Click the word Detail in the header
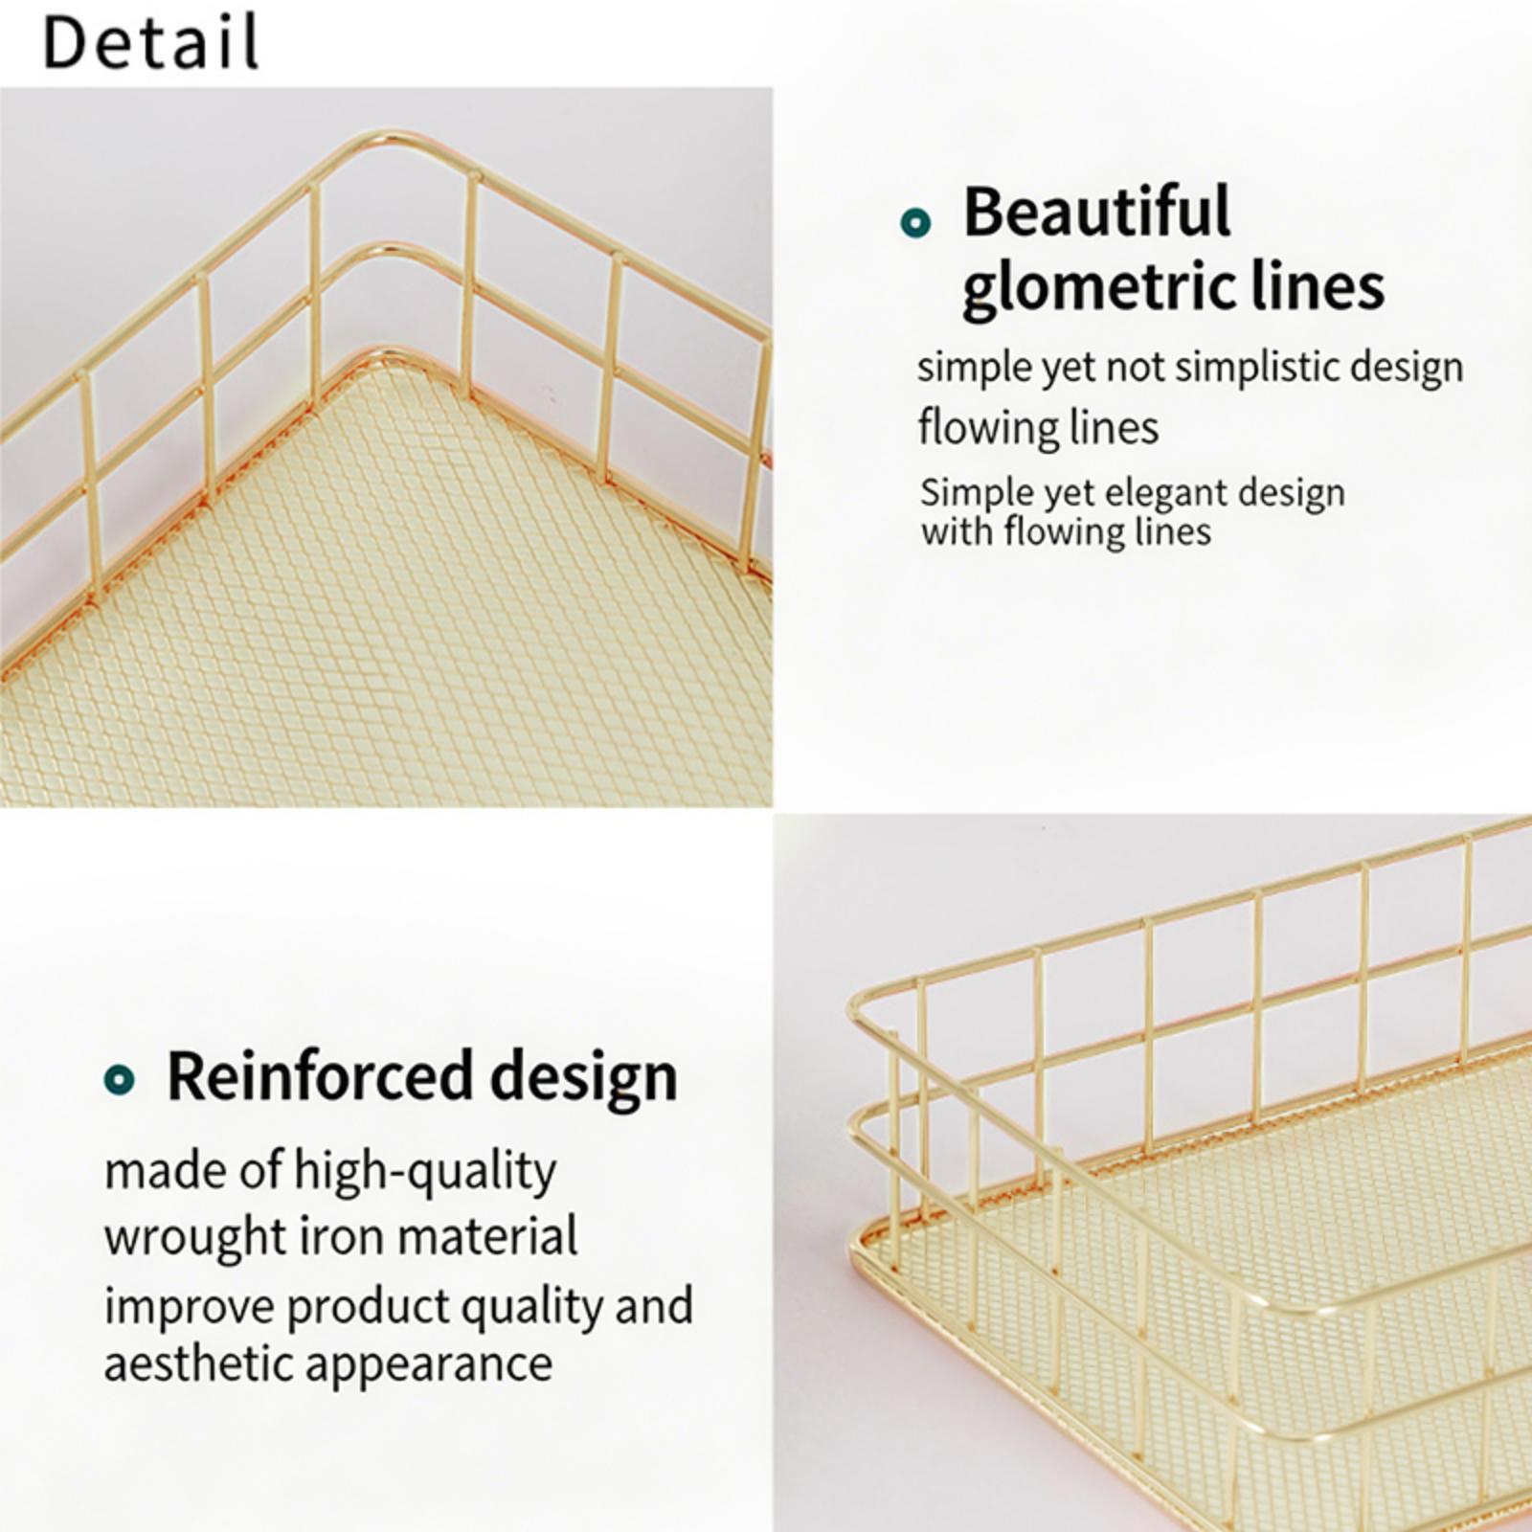pos(151,42)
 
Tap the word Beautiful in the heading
pos(1096,212)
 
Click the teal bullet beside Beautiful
pos(915,222)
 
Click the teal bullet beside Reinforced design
pos(119,1080)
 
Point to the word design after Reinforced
pos(583,1078)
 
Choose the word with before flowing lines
pos(957,531)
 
